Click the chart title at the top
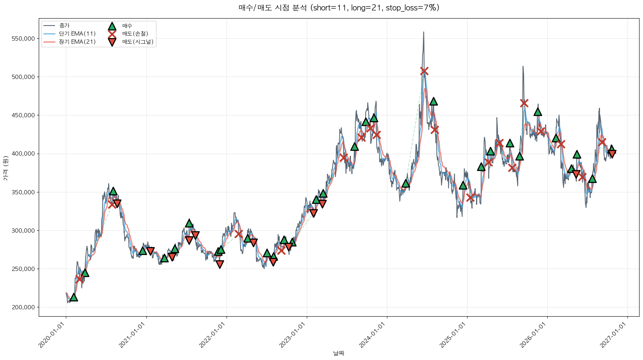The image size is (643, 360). [339, 8]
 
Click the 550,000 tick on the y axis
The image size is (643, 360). [23, 39]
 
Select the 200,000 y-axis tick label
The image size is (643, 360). [23, 307]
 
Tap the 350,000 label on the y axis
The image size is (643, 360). [23, 192]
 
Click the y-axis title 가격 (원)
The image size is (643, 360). [6, 168]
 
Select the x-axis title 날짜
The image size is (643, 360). [339, 353]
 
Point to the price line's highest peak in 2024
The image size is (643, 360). [424, 32]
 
